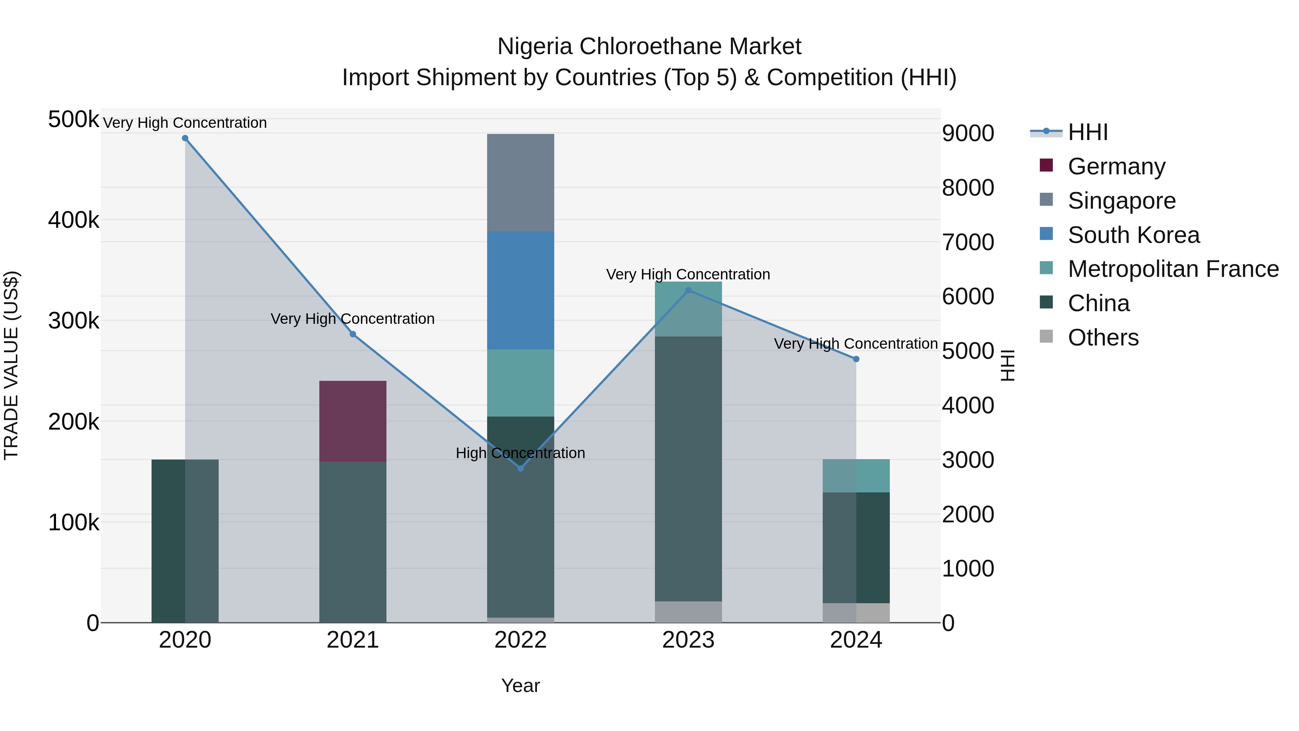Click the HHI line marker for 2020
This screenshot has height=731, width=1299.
(x=185, y=138)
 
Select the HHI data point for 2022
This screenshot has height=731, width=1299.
(x=520, y=468)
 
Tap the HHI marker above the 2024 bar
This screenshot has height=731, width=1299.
(x=856, y=359)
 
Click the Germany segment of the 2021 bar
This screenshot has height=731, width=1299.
(x=353, y=421)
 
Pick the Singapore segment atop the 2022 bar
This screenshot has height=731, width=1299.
(x=520, y=183)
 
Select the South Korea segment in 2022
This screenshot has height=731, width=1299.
(x=520, y=290)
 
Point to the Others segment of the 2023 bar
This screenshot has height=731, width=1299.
(x=688, y=612)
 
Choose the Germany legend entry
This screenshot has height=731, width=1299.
(x=1116, y=166)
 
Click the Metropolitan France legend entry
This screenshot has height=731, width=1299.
(x=1173, y=269)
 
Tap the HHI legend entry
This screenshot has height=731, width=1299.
(x=1087, y=132)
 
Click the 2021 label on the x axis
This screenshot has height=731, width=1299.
(x=353, y=640)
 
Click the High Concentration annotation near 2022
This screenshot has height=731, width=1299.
(x=520, y=453)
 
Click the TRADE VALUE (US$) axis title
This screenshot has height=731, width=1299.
(x=11, y=365)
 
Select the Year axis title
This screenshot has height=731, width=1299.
(x=520, y=686)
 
